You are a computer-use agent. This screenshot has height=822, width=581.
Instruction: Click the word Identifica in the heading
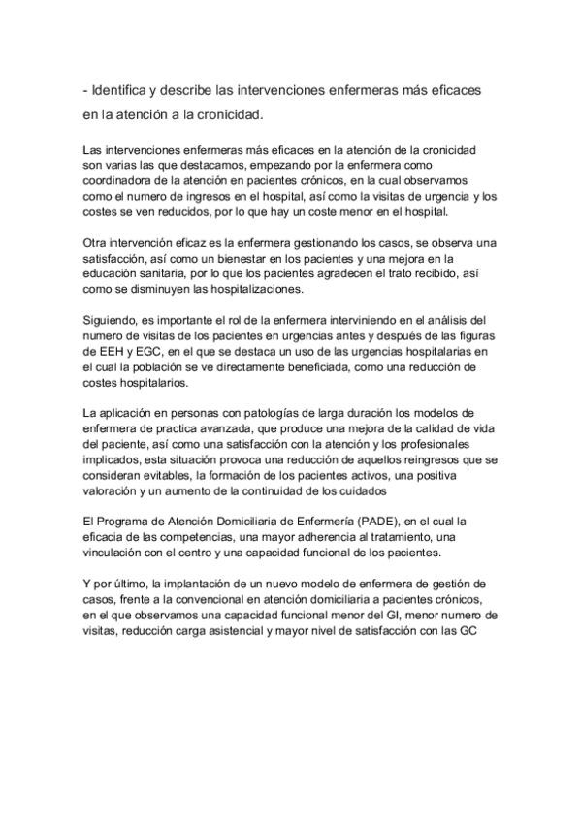(x=125, y=89)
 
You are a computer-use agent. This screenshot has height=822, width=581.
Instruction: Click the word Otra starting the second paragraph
(x=98, y=243)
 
